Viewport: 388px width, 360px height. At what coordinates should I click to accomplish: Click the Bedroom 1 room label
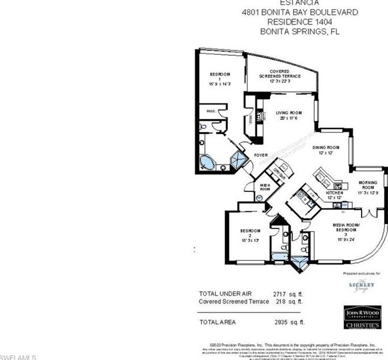coord(219,78)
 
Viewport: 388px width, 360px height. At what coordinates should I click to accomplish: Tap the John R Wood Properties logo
coord(362,313)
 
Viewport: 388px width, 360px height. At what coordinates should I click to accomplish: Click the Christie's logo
coord(362,325)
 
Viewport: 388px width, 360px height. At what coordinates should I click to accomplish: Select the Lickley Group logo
coord(362,285)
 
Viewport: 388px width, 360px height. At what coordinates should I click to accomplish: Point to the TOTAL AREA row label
coord(218,322)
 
